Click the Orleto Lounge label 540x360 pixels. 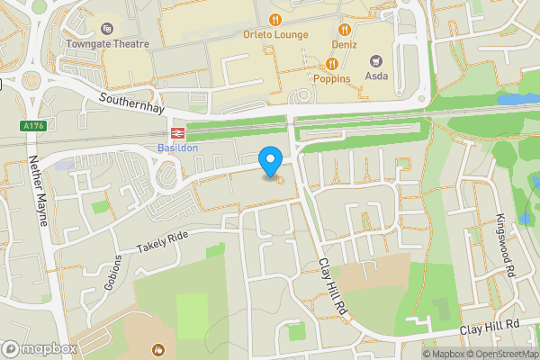[x=275, y=35]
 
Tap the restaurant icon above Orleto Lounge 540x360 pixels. [x=274, y=19]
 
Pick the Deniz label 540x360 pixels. [x=344, y=44]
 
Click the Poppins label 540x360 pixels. [x=332, y=77]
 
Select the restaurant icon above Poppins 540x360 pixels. [x=332, y=62]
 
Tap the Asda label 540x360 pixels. [x=376, y=76]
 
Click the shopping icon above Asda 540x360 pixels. [x=376, y=61]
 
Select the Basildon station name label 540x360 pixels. [x=176, y=146]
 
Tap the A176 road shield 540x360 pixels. [x=34, y=127]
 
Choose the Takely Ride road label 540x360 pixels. [x=163, y=239]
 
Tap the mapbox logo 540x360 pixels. [x=40, y=348]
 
